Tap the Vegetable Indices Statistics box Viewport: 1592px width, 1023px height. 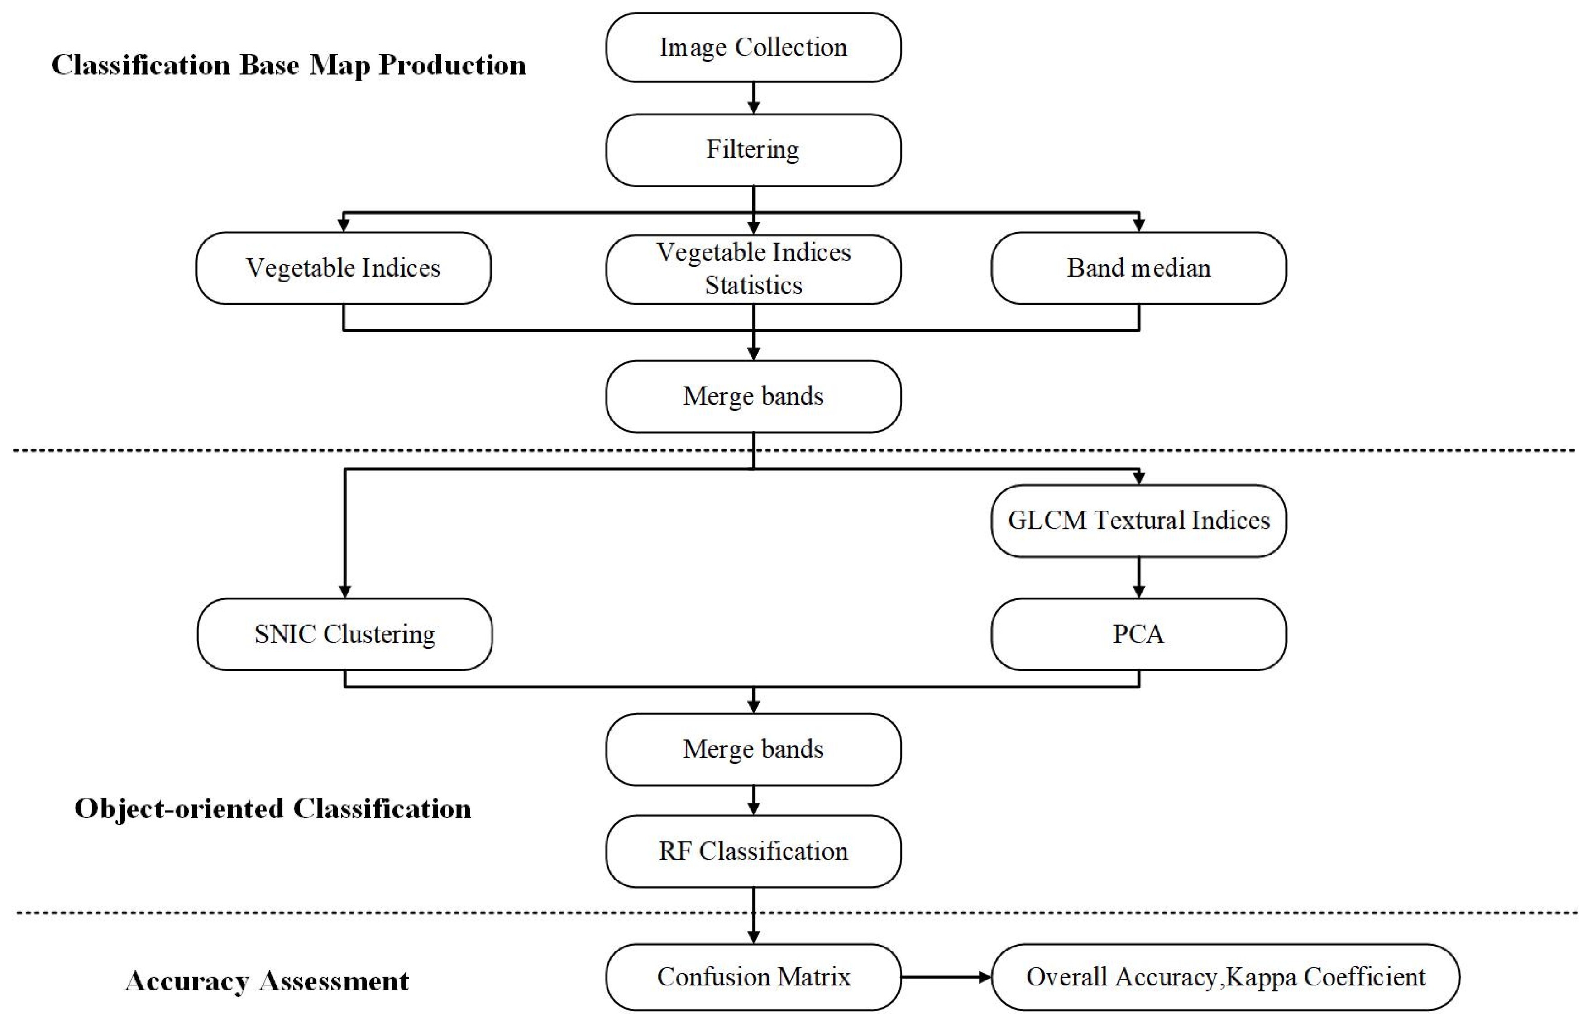pyautogui.click(x=753, y=269)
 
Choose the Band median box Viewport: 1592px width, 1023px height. pyautogui.click(x=1138, y=268)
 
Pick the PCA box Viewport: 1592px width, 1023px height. pyautogui.click(x=1138, y=634)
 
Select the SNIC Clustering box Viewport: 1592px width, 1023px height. pyautogui.click(x=345, y=634)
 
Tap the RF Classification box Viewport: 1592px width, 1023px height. pyautogui.click(x=753, y=851)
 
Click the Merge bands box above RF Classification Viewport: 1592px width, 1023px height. pyautogui.click(x=753, y=749)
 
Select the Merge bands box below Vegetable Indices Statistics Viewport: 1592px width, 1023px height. pyautogui.click(x=753, y=397)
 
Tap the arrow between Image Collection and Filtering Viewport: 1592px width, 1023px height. pyautogui.click(x=753, y=98)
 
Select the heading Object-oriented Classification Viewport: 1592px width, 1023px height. pyautogui.click(x=273, y=809)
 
